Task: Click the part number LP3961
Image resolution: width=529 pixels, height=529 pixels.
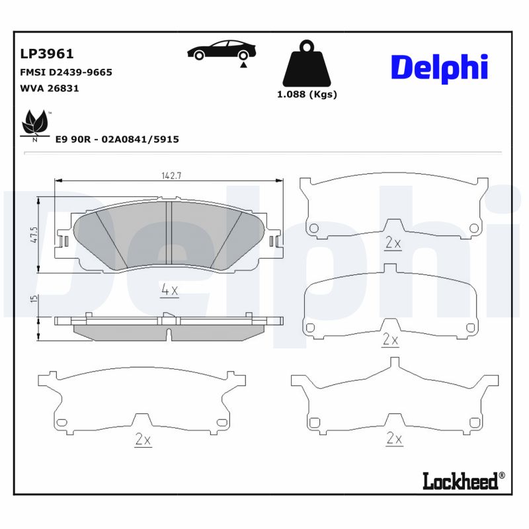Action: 48,54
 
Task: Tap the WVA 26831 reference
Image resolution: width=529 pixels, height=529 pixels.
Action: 50,88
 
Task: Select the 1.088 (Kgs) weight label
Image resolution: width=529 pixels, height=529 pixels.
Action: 306,95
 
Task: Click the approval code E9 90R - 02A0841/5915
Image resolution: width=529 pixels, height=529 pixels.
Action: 118,140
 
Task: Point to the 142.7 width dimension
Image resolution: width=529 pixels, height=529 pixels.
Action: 171,176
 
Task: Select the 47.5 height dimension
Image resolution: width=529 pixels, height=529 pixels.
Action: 34,235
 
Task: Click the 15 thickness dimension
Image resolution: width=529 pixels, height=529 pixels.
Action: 34,300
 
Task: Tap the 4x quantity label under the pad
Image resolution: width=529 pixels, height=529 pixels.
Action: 170,289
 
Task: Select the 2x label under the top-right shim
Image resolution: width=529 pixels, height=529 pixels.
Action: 393,243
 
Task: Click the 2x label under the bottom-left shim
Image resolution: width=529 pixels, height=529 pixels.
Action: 143,439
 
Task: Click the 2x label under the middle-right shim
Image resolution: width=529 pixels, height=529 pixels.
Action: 391,340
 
